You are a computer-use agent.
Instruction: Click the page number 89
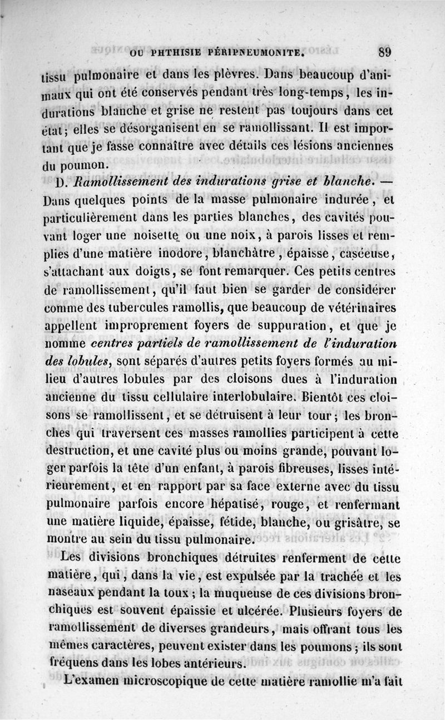385,53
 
